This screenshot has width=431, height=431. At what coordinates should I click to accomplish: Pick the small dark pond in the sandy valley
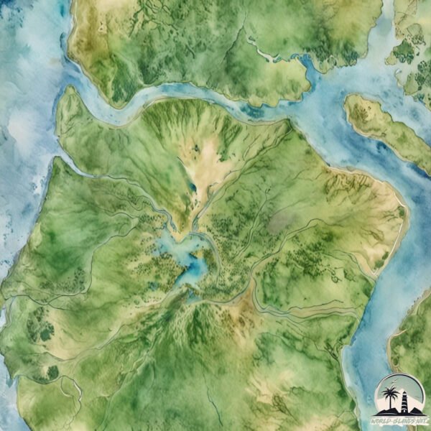click(192, 188)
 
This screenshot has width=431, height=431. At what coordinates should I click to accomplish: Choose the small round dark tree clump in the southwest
click(52, 372)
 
